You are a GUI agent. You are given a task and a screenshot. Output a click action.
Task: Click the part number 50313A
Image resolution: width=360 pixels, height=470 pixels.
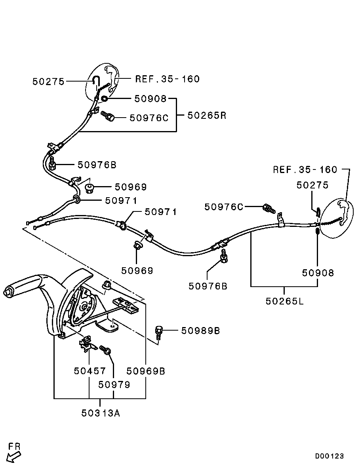(101, 413)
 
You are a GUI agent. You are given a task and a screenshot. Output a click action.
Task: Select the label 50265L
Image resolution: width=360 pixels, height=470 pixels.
(284, 301)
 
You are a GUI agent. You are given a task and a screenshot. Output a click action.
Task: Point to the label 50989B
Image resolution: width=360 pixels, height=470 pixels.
(200, 330)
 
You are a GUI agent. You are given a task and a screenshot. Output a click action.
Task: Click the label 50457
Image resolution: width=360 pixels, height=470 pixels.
(90, 371)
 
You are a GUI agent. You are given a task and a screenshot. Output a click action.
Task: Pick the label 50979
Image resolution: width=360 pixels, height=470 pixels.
(114, 384)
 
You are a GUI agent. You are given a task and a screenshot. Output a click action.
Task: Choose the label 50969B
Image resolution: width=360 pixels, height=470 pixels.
(146, 371)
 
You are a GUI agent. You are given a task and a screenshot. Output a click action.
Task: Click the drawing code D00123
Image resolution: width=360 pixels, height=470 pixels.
(330, 456)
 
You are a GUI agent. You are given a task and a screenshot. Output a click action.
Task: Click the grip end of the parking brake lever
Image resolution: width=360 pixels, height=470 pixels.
(8, 292)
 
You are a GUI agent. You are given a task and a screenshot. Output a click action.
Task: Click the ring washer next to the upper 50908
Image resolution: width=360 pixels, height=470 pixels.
(105, 98)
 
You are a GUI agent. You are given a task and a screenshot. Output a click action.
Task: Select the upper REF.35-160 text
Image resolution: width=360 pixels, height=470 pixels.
(167, 79)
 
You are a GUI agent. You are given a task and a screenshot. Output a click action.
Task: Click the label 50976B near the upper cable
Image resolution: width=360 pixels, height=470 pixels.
(97, 165)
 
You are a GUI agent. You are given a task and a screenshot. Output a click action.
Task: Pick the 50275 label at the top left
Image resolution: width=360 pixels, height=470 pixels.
(48, 82)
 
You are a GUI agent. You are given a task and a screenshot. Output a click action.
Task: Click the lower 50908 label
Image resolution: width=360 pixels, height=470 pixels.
(318, 273)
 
